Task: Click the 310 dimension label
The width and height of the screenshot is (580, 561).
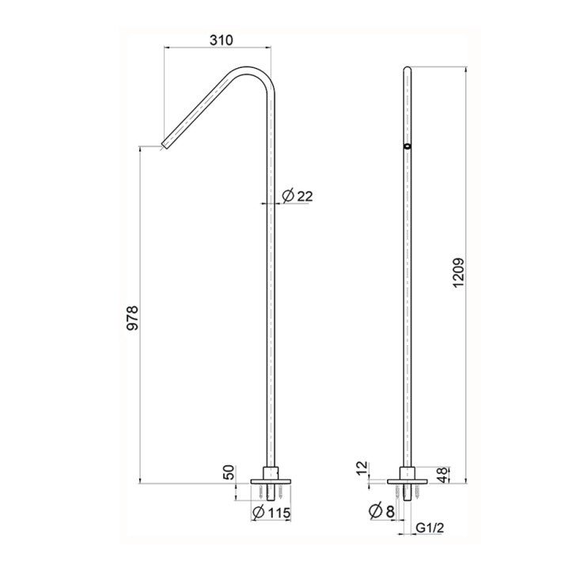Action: click(222, 40)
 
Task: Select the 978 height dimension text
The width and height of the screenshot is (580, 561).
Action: click(132, 317)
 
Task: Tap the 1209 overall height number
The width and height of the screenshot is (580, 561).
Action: click(458, 272)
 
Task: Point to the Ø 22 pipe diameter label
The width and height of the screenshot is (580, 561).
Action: click(297, 195)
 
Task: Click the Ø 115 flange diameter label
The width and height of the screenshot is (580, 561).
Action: click(271, 513)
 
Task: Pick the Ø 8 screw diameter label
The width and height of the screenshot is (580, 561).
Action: click(381, 511)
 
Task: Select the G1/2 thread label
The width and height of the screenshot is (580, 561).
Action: click(430, 528)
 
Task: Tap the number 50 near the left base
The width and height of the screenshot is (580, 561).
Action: click(229, 472)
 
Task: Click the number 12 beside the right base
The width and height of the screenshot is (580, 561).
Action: click(363, 468)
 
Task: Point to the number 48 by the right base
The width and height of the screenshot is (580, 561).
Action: click(443, 475)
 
